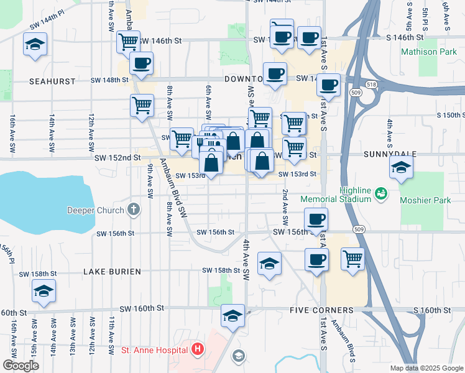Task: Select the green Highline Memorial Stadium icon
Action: click(x=380, y=195)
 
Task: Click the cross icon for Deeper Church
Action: click(x=133, y=210)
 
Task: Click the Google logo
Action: click(x=21, y=366)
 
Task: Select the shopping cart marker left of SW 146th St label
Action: click(x=128, y=42)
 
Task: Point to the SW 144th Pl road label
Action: click(x=47, y=29)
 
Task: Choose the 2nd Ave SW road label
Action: click(x=285, y=206)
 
